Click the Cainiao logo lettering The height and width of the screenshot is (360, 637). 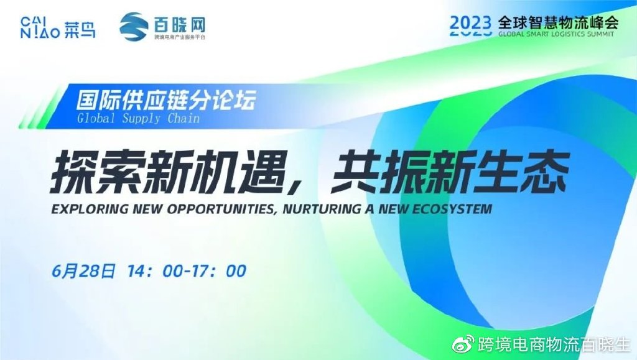coord(58,27)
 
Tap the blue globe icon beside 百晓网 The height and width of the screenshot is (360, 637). coord(134,27)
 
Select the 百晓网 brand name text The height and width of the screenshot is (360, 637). coord(180,24)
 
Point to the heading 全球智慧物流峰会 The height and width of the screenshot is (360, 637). coord(558,22)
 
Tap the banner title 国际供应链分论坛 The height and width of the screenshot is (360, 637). coord(166,100)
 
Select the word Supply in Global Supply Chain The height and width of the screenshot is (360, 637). coord(141,119)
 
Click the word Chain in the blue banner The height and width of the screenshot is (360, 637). coord(184,118)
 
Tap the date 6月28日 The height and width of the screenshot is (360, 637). coord(84,271)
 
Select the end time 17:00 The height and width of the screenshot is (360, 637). coord(220,271)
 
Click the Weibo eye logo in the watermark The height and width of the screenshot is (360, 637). coord(463,344)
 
